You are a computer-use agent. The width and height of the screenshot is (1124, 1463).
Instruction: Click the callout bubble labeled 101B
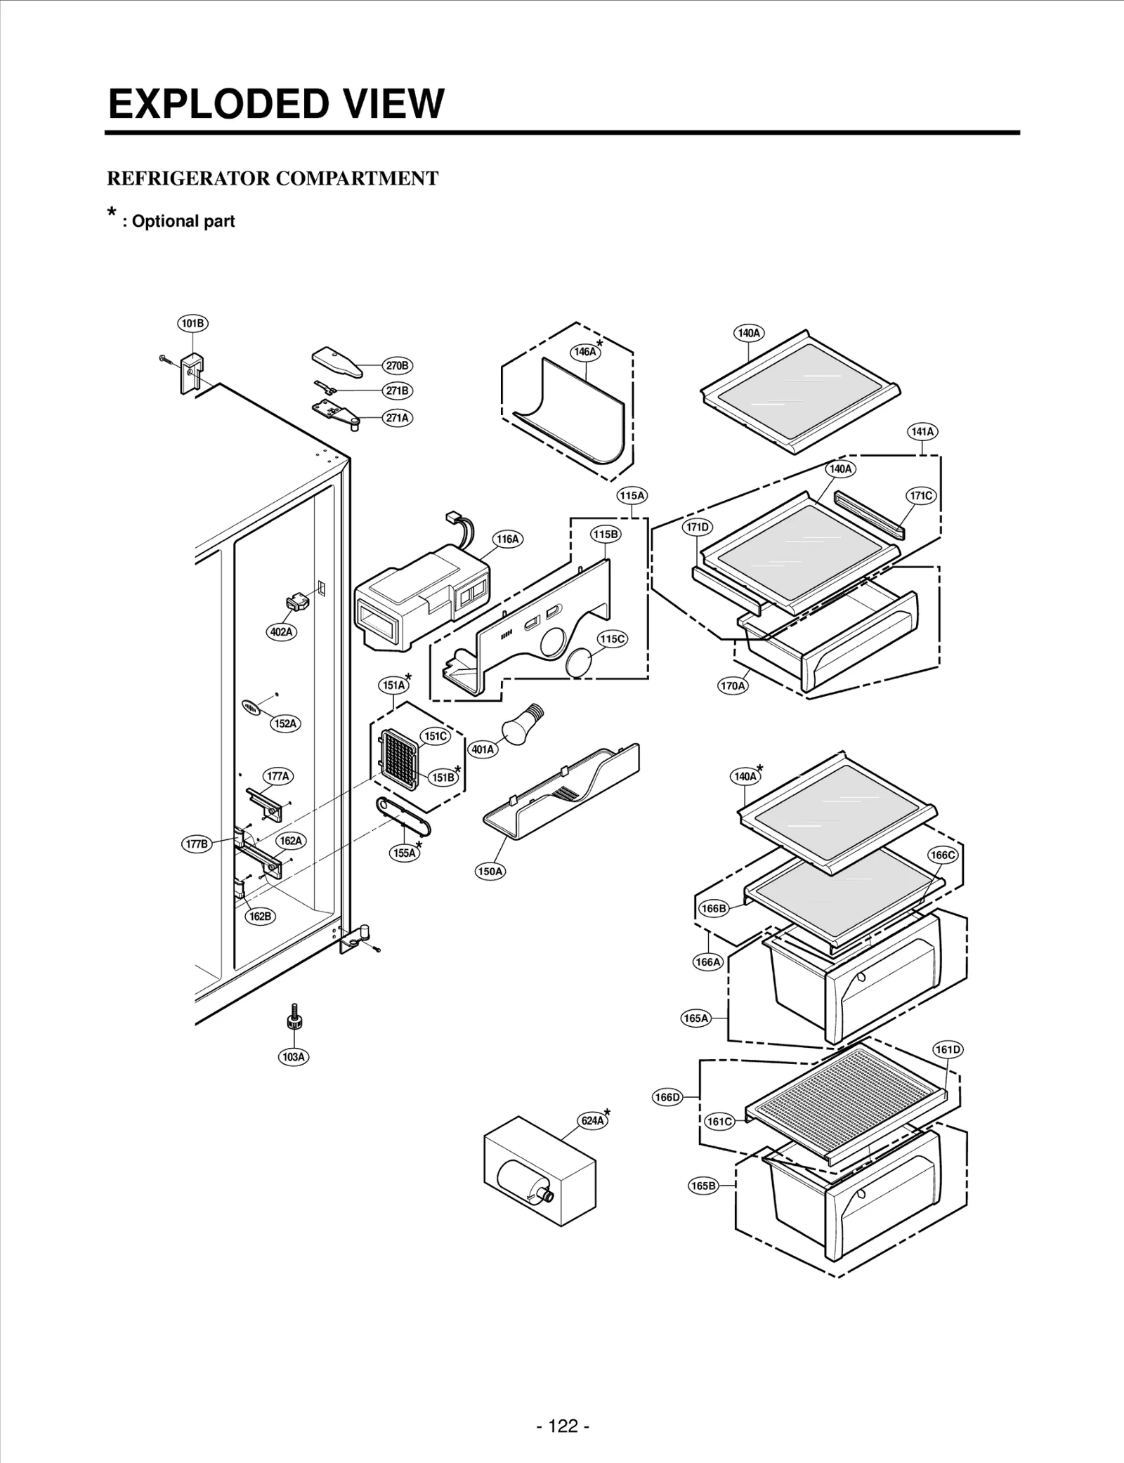tap(192, 323)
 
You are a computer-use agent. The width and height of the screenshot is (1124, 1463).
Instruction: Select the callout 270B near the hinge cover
tap(397, 365)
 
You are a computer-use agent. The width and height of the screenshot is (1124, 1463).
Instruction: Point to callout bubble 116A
tap(507, 539)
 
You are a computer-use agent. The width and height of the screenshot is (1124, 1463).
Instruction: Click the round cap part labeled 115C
tap(580, 663)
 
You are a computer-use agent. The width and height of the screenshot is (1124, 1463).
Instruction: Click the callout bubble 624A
tap(592, 1120)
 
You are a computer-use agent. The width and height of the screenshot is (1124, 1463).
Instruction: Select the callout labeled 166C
tap(942, 855)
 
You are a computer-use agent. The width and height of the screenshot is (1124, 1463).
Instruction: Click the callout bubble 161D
tap(948, 1049)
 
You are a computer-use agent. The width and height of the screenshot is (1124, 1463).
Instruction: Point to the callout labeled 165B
tap(702, 1186)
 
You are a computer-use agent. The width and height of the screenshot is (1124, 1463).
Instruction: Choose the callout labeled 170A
tap(733, 685)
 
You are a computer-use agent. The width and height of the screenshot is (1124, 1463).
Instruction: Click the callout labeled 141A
tap(922, 431)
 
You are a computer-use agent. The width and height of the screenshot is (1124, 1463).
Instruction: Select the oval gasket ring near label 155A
tap(403, 817)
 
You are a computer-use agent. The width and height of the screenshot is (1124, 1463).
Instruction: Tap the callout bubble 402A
tap(281, 631)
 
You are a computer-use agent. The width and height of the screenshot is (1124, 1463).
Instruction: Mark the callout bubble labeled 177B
tap(197, 844)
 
